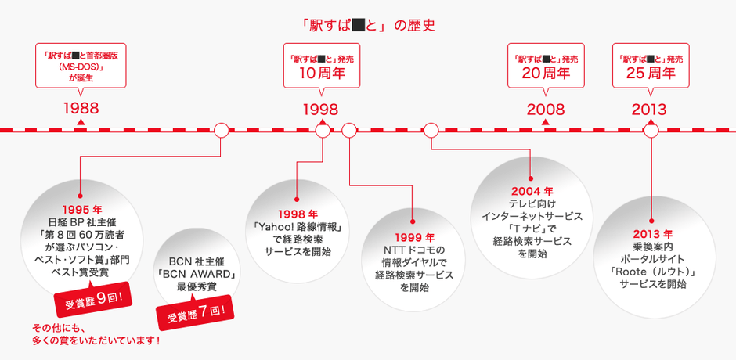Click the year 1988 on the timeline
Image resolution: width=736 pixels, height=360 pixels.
pos(81,109)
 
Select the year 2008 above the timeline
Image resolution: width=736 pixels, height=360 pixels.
pos(546,110)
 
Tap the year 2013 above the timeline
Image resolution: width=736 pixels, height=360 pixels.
pos(649,110)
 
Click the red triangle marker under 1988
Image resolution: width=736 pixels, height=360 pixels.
pos(81,122)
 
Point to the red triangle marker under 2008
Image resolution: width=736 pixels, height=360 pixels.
pos(546,122)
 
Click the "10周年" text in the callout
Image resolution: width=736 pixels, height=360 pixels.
pos(322,73)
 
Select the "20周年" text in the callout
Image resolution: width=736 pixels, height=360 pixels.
pos(546,73)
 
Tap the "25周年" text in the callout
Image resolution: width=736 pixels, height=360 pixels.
pos(651,73)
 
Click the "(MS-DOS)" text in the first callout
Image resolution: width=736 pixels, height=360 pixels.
pos(81,68)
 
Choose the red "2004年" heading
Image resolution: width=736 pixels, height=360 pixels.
pos(532,192)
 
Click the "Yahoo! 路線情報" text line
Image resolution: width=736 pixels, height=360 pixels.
pos(297,228)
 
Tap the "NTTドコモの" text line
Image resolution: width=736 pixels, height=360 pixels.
pos(414,250)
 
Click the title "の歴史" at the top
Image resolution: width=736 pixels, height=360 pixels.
pos(414,25)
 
